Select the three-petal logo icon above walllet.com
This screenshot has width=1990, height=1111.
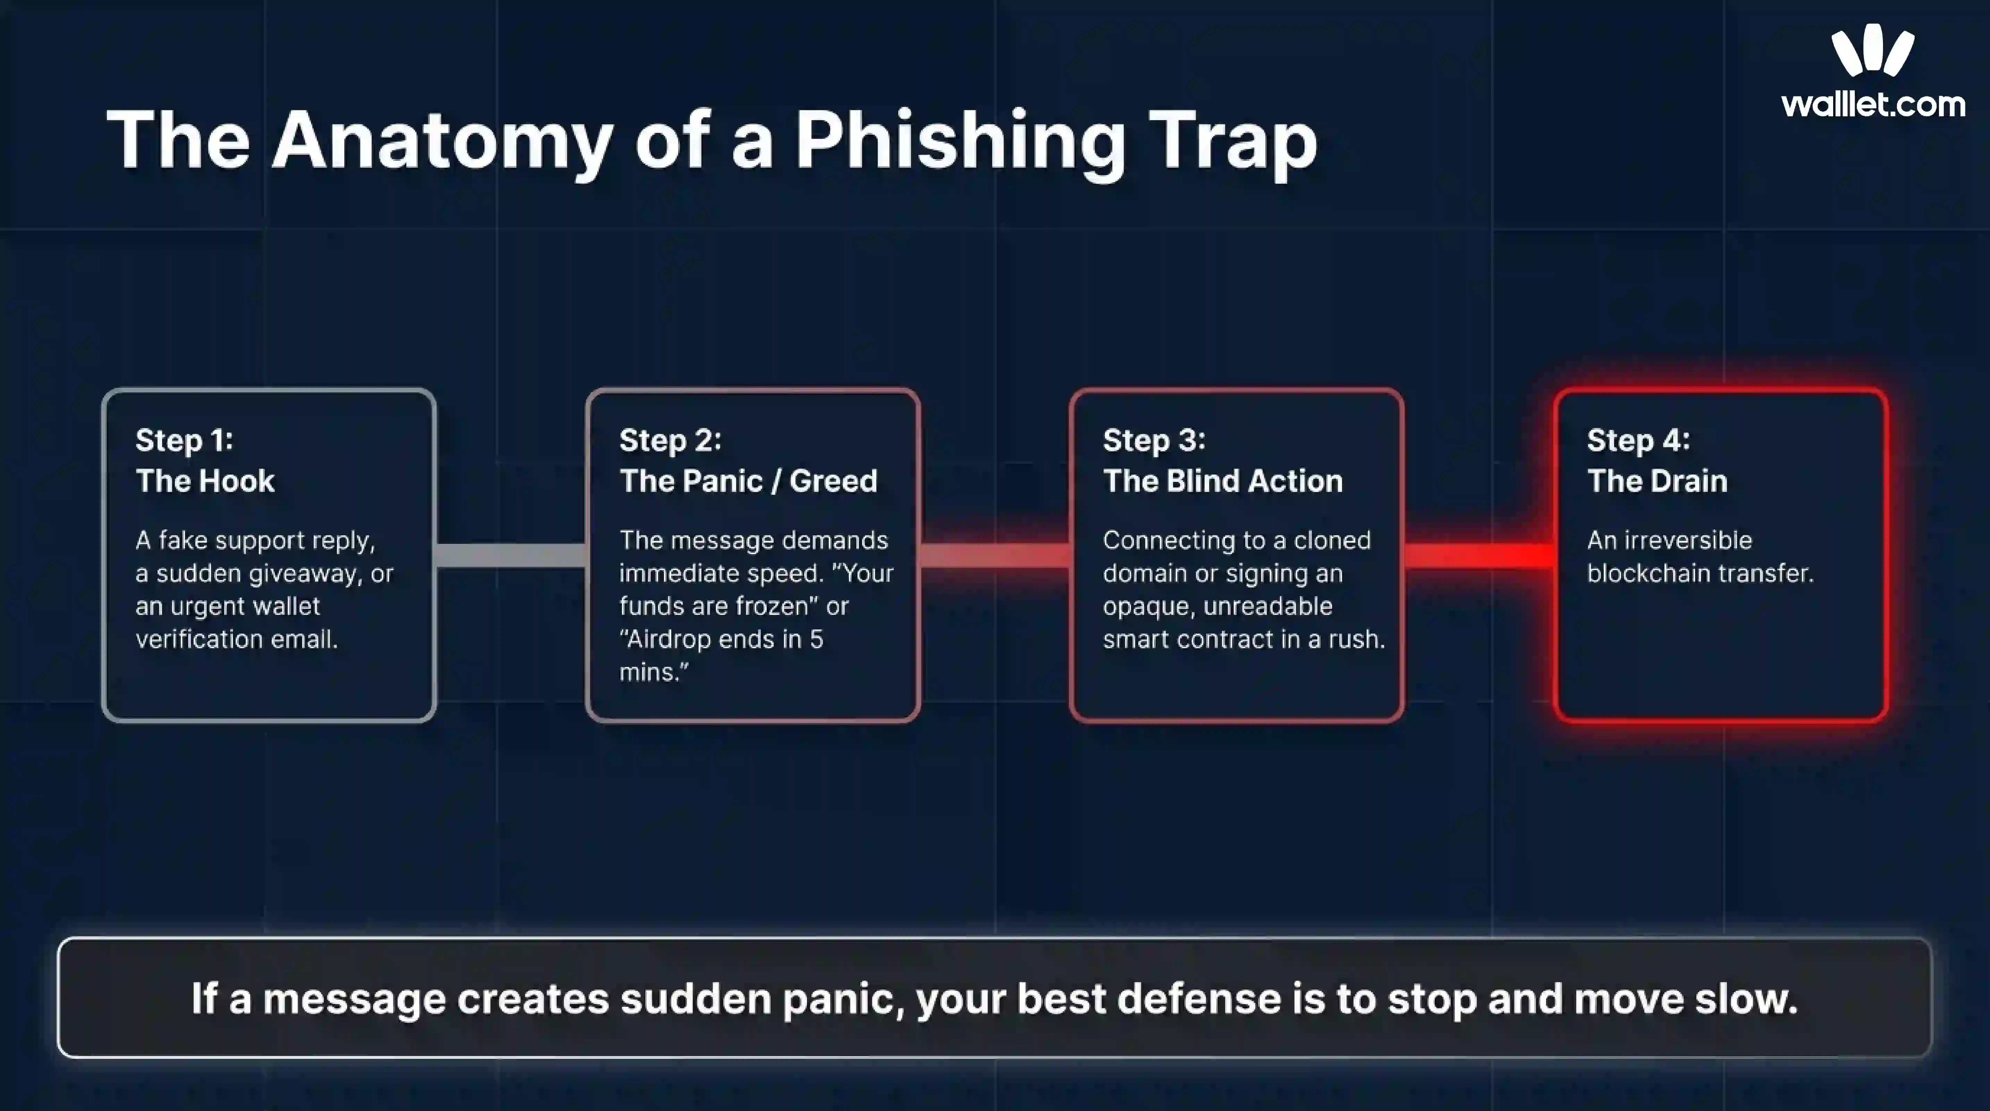(x=1873, y=50)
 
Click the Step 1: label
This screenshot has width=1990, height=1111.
(x=184, y=440)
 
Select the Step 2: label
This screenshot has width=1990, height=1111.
(x=670, y=440)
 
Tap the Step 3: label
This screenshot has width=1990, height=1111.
(x=1153, y=440)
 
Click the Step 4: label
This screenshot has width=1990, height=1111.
(x=1638, y=440)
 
